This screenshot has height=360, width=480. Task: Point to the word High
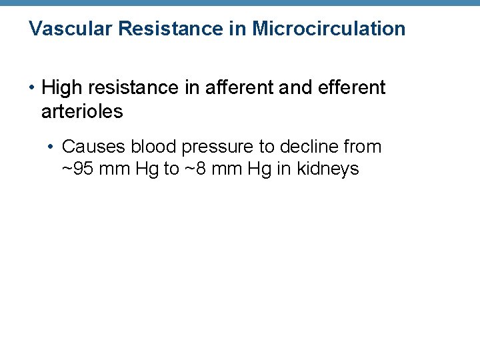(x=60, y=88)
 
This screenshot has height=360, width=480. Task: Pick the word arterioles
(x=82, y=111)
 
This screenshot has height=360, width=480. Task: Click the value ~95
(x=78, y=169)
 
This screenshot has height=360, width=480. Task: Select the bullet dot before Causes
(x=51, y=147)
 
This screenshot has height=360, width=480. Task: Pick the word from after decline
(x=363, y=147)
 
